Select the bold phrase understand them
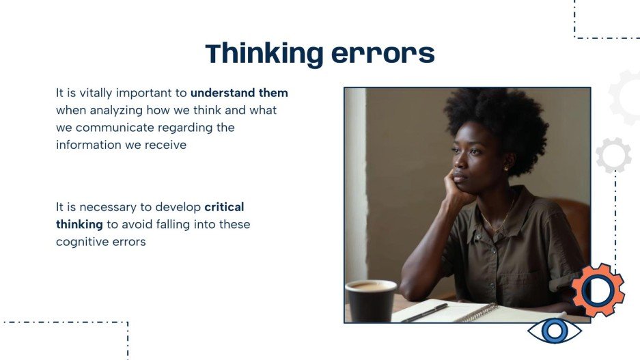(239, 93)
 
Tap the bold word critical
(224, 206)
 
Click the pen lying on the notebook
(424, 313)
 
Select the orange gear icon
(598, 290)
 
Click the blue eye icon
(555, 331)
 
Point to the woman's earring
(506, 167)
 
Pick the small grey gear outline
(613, 155)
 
